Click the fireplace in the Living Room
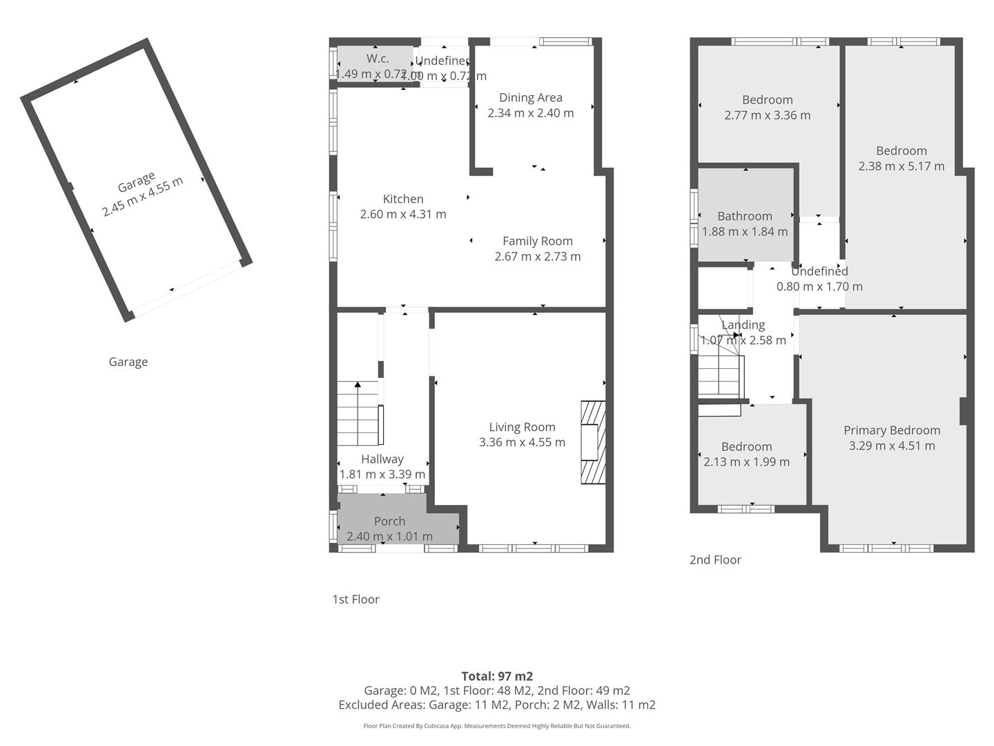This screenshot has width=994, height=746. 592,442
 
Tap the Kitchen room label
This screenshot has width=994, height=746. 403,199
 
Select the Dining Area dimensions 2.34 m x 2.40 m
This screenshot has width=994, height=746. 530,113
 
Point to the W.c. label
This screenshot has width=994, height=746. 377,59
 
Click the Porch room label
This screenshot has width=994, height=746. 389,522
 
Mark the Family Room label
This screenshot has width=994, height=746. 537,241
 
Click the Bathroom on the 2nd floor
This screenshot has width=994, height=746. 744,216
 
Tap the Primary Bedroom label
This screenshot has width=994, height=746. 892,430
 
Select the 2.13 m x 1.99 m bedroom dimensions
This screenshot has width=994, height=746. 746,462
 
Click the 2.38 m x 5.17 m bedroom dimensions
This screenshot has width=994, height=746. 902,166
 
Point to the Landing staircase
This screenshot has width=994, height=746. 720,373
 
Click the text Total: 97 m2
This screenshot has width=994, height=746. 497,676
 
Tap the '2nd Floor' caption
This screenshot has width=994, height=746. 715,559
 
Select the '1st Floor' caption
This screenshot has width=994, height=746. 355,599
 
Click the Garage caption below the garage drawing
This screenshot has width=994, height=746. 128,362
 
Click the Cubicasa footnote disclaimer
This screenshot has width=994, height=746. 497,726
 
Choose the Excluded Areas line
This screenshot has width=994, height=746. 497,705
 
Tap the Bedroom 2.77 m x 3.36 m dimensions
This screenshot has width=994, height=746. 767,115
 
